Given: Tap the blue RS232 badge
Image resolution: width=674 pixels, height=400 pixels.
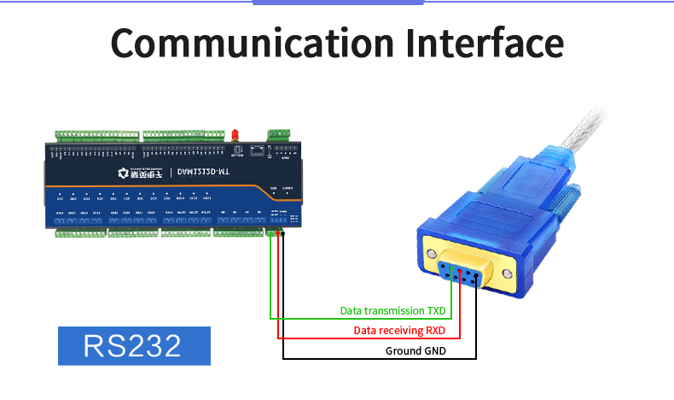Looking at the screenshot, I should [133, 346].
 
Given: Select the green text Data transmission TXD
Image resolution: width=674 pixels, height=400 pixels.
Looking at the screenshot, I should [392, 311].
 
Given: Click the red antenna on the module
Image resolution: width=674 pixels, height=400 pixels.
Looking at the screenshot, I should [232, 134].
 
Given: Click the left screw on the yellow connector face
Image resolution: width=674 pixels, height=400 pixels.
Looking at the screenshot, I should [434, 255].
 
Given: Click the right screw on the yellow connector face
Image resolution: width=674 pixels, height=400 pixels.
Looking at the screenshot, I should [508, 274].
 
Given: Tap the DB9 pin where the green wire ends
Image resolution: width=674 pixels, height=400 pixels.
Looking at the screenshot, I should [452, 273].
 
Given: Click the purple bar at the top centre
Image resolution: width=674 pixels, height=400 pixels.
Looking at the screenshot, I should [338, 3].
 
